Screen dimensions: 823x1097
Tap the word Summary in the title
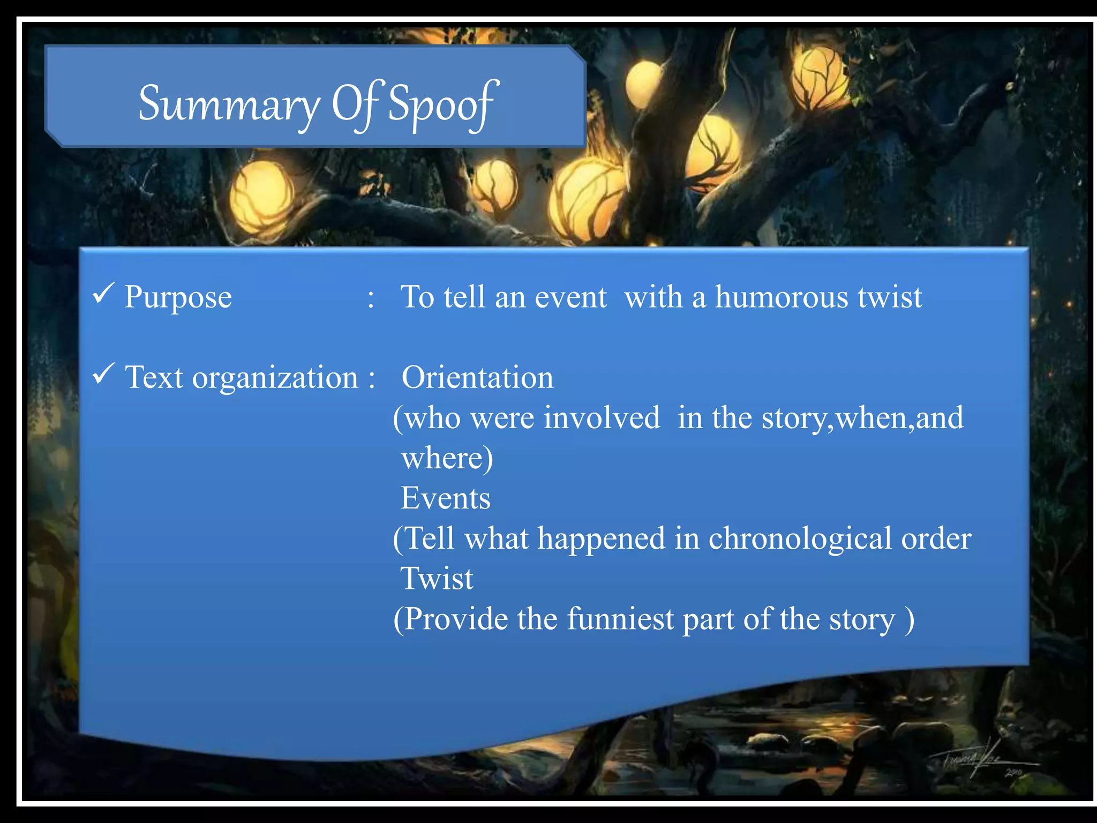pyautogui.click(x=229, y=104)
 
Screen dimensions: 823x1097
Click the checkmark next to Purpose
pyautogui.click(x=102, y=293)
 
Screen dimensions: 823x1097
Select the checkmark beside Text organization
pyautogui.click(x=102, y=373)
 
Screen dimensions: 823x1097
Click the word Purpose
pyautogui.click(x=178, y=298)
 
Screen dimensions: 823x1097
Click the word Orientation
pyautogui.click(x=477, y=378)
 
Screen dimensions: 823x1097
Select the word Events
pyautogui.click(x=445, y=498)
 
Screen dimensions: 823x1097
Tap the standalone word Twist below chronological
pyautogui.click(x=437, y=579)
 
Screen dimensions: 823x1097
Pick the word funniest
pyautogui.click(x=620, y=619)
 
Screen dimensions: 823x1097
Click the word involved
pyautogui.click(x=602, y=418)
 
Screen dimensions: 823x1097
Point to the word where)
pyautogui.click(x=447, y=459)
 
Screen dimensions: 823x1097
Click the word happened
pyautogui.click(x=601, y=538)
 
